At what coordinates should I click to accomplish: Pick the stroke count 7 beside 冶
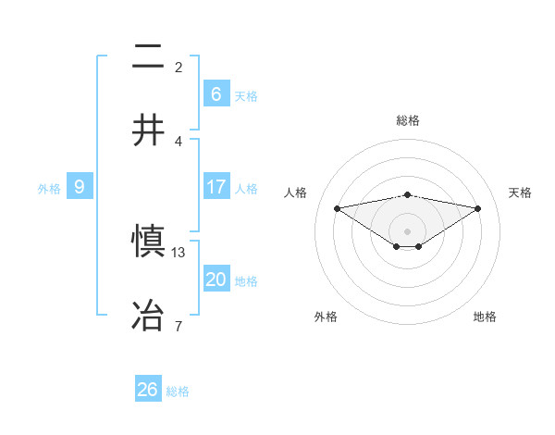coord(179,326)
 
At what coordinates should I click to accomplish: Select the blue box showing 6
coord(216,94)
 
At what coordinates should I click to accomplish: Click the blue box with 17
coord(216,187)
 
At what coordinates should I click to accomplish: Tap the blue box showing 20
coord(216,280)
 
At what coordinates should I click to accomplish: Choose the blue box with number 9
coord(80,187)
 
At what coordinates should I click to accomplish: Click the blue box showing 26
coord(147,390)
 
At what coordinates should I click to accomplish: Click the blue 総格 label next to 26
coord(178,391)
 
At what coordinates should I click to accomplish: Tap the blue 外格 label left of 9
coord(49,189)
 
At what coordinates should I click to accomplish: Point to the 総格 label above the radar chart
coord(407,120)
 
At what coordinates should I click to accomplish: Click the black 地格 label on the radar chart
coord(485,317)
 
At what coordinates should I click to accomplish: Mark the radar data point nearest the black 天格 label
coord(478,208)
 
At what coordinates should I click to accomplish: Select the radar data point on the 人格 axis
coord(337,208)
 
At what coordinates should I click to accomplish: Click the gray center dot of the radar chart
coord(407,230)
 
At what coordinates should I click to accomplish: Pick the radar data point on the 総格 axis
coord(407,194)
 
